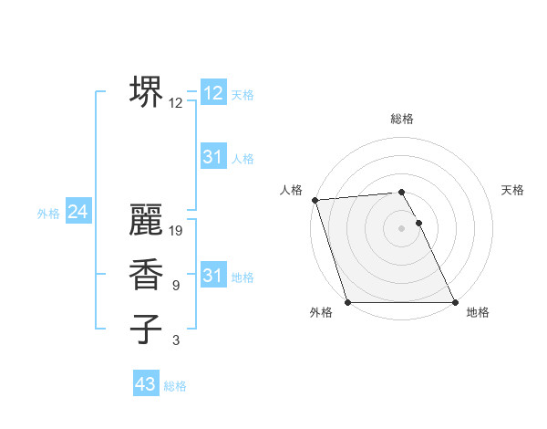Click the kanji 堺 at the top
[146, 90]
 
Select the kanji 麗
[146, 220]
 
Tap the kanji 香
[146, 275]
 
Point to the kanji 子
[146, 329]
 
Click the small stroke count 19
[177, 231]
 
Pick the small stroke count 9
[176, 286]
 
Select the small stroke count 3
[176, 340]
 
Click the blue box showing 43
[146, 384]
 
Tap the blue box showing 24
[78, 212]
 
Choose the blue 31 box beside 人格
[212, 157]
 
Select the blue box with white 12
[212, 92]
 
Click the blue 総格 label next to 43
[175, 386]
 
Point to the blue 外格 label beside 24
[48, 214]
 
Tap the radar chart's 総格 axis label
[402, 119]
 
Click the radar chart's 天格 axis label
[512, 190]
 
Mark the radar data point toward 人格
[315, 200]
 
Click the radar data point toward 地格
[455, 302]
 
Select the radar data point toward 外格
[348, 302]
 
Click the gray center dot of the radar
[402, 228]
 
